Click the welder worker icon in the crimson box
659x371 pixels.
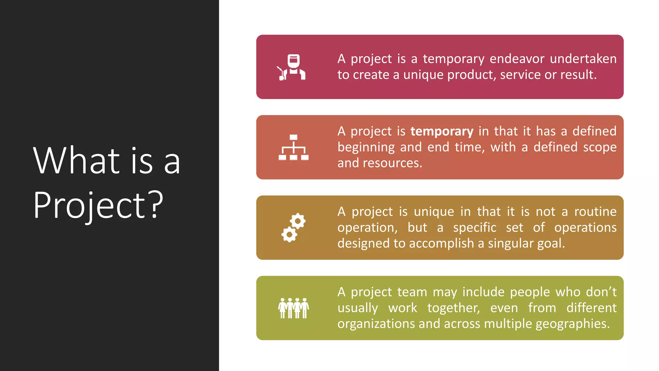click(292, 67)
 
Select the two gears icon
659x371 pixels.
click(293, 228)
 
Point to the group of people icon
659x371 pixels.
click(293, 308)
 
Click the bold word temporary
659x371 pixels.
click(442, 132)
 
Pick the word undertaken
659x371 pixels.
click(583, 59)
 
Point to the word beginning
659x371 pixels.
click(366, 147)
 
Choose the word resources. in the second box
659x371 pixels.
click(392, 163)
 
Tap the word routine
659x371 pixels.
click(595, 212)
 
